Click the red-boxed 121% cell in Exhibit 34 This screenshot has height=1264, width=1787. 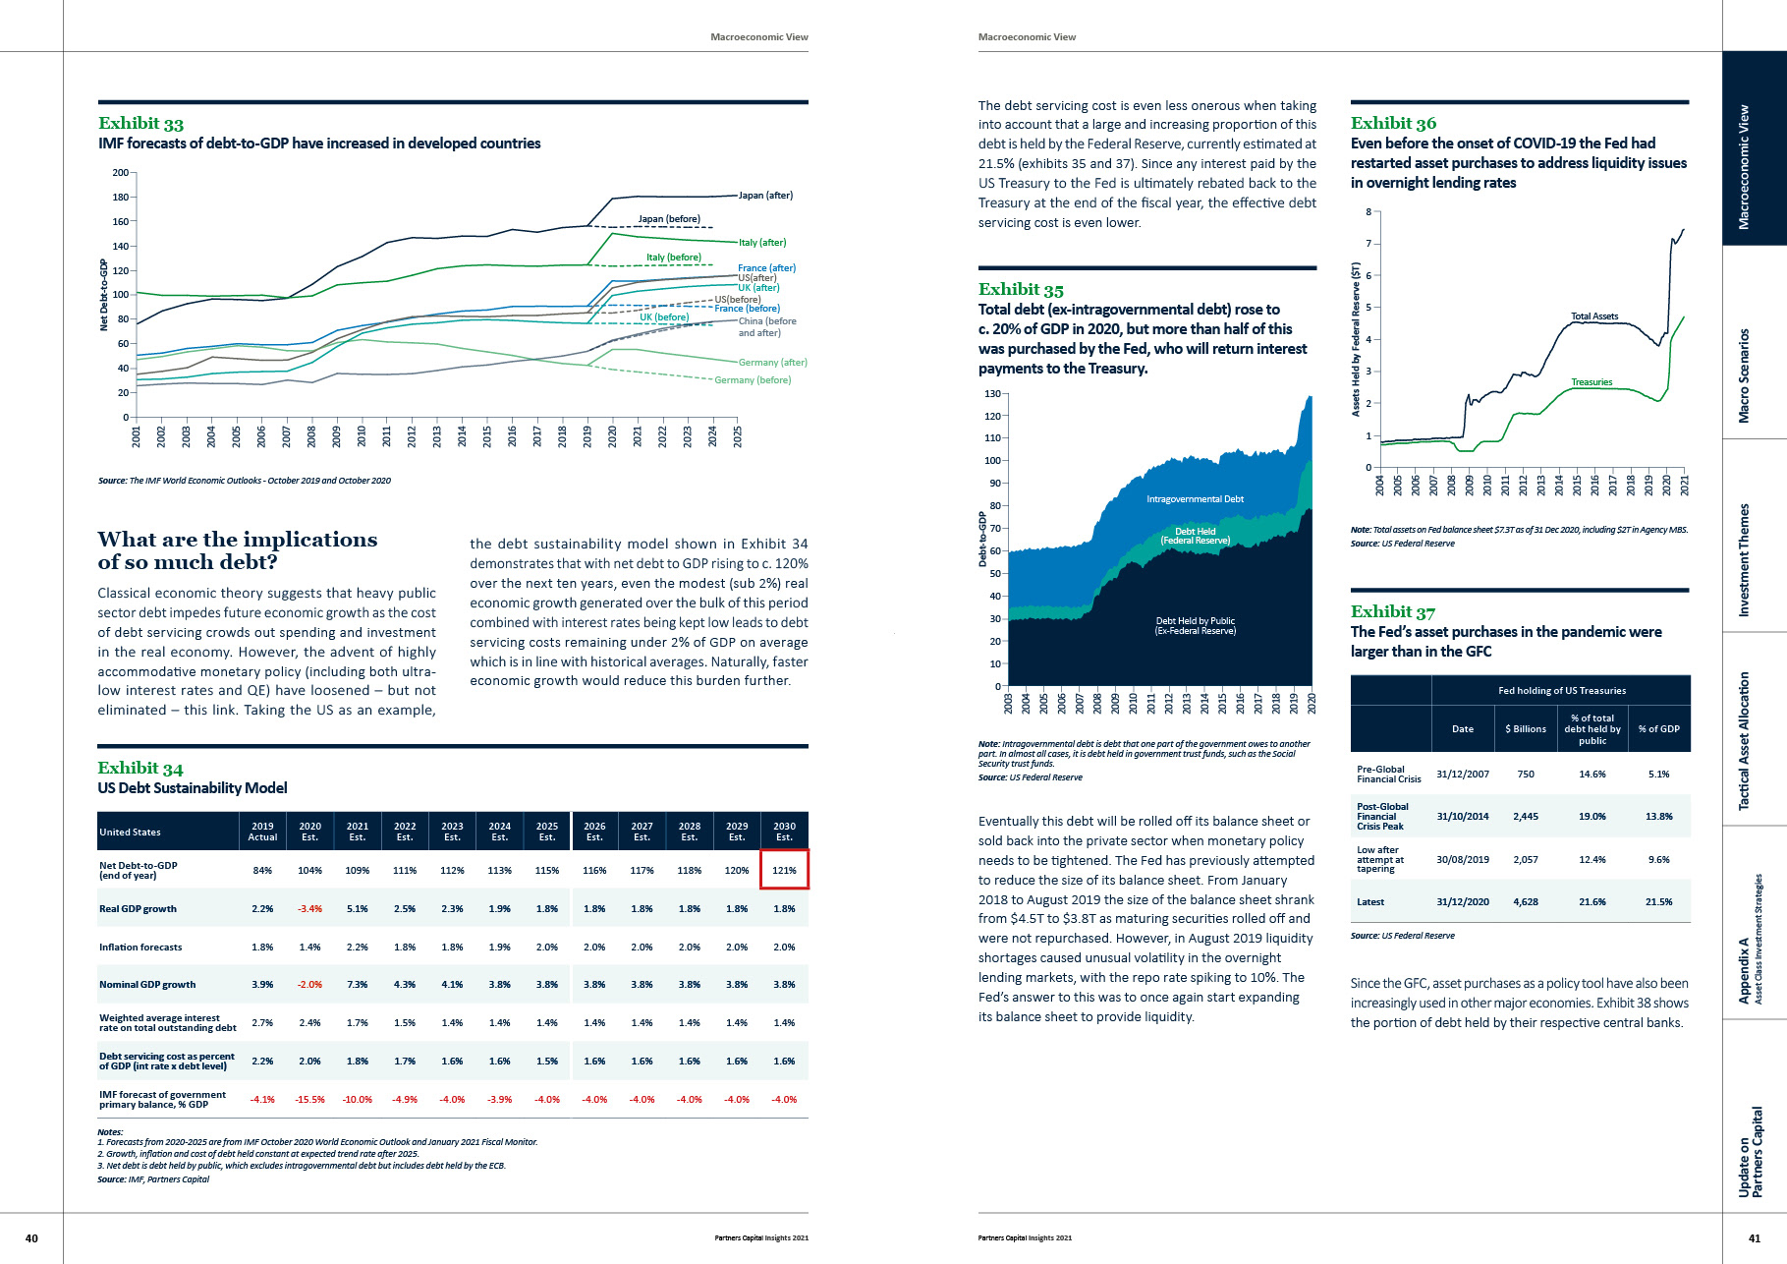tap(784, 870)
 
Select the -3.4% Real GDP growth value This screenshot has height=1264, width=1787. tap(309, 909)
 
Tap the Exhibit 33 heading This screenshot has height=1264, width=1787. tap(140, 123)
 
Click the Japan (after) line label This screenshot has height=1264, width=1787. tap(765, 196)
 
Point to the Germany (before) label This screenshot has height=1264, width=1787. tap(753, 380)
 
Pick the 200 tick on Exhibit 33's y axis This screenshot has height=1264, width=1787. tap(120, 173)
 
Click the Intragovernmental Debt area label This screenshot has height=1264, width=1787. tap(1195, 499)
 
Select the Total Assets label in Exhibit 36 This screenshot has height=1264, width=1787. tap(1593, 316)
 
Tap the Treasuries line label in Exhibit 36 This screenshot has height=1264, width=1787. tap(1592, 382)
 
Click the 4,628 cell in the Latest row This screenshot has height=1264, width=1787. tap(1526, 902)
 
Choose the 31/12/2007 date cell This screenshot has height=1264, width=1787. tap(1462, 775)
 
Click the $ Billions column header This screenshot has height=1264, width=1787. tap(1526, 729)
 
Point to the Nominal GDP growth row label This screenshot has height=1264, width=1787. tap(147, 985)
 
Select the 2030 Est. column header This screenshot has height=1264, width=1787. tap(784, 832)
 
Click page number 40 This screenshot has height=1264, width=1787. tap(31, 1238)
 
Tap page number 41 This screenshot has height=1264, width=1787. tap(1755, 1238)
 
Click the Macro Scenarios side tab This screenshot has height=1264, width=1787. tap(1745, 375)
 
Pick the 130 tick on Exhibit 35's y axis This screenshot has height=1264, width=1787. tap(992, 394)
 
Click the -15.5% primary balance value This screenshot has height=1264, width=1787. tap(309, 1100)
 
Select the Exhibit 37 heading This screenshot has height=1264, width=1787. tap(1392, 611)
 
